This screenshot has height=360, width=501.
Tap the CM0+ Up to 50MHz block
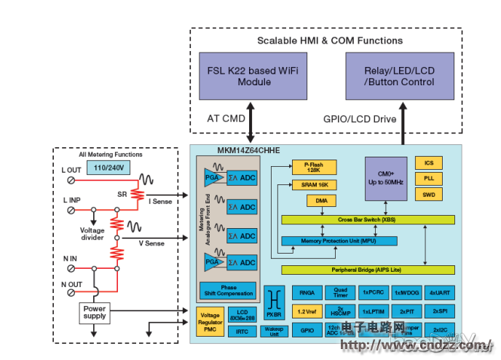(x=386, y=179)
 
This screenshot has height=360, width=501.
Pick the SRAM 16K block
(x=316, y=186)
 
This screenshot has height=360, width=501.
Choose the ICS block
(x=427, y=163)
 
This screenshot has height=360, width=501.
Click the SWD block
(x=427, y=195)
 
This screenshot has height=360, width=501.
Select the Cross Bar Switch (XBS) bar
(x=368, y=219)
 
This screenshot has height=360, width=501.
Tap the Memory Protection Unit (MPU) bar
(x=339, y=240)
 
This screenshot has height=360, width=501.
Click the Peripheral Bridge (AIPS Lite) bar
(x=368, y=270)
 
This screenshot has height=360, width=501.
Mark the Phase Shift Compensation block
(x=228, y=290)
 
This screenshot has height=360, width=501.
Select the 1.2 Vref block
(x=305, y=311)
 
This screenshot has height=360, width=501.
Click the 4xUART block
(x=439, y=292)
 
